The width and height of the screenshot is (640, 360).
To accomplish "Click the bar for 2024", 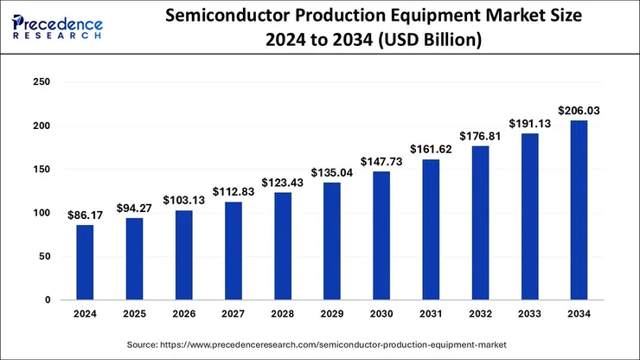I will [85, 262].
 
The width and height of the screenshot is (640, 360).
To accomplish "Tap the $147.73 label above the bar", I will [381, 160].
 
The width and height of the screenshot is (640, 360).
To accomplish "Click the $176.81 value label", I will [481, 135].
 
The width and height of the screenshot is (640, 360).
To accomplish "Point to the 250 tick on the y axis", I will [42, 82].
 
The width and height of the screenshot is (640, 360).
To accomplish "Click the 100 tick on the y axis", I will [42, 213].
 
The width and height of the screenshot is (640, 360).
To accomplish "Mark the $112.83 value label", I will [234, 191].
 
